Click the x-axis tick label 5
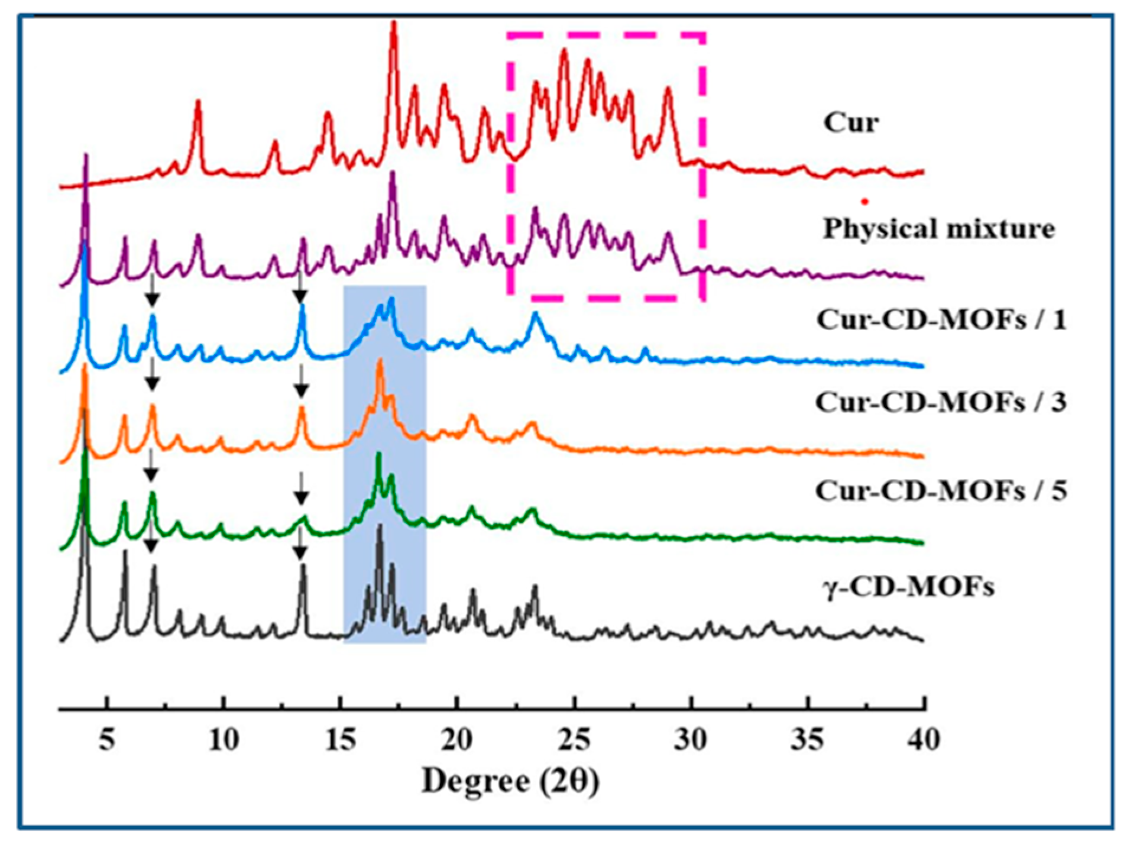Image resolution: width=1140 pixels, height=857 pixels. point(106,740)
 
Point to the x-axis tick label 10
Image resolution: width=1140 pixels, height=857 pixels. point(224,740)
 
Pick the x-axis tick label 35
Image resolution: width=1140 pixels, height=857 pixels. point(807,740)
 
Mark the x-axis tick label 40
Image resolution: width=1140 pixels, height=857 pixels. point(923,740)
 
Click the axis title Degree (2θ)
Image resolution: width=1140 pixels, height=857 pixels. point(510,782)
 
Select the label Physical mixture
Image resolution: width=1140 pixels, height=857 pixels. point(938,229)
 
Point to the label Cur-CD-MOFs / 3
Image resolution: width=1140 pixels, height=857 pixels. point(941,403)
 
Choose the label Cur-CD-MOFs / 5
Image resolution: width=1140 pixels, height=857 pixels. point(941,491)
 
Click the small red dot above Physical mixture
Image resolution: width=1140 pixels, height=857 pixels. point(864,202)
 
